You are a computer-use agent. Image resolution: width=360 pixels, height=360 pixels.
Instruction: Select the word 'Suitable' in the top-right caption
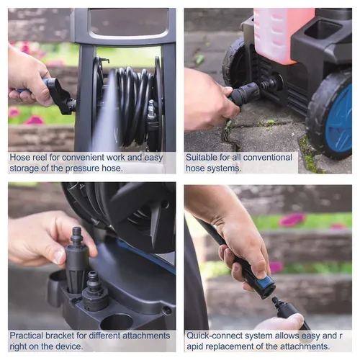201,158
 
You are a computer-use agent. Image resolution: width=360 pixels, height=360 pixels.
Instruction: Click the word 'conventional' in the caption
268,158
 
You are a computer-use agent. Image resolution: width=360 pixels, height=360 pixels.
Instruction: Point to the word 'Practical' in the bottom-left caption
26,336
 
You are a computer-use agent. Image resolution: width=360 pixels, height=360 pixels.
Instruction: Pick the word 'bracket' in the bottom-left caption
60,336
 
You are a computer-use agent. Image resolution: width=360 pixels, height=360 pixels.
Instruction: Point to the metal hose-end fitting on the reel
152,109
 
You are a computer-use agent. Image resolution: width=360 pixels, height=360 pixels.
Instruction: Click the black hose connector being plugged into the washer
243,95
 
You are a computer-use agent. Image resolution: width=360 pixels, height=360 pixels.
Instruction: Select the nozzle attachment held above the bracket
77,259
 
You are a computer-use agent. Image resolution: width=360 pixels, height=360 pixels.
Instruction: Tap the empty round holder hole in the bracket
117,322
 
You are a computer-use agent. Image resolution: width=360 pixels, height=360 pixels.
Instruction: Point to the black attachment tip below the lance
289,312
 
